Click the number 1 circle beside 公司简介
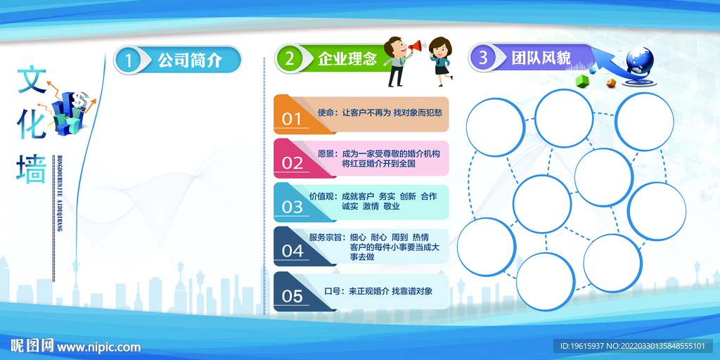(128, 60)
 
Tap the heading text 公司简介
(190, 60)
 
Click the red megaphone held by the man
(416, 47)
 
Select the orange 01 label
(292, 119)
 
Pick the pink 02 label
(292, 162)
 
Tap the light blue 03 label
(292, 207)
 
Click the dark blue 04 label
(292, 250)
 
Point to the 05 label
(292, 296)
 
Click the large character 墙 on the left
(32, 169)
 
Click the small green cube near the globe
(581, 81)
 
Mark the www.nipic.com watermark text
(98, 347)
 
